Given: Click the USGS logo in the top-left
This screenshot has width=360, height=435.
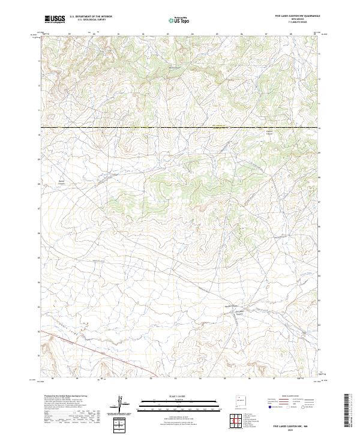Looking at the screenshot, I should click(55, 19).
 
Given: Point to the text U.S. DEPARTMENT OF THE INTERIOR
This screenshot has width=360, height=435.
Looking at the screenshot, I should click(91, 17).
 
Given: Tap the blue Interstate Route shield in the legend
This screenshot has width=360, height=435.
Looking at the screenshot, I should click(271, 407).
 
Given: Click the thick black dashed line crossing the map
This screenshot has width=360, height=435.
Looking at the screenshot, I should click(180, 128).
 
